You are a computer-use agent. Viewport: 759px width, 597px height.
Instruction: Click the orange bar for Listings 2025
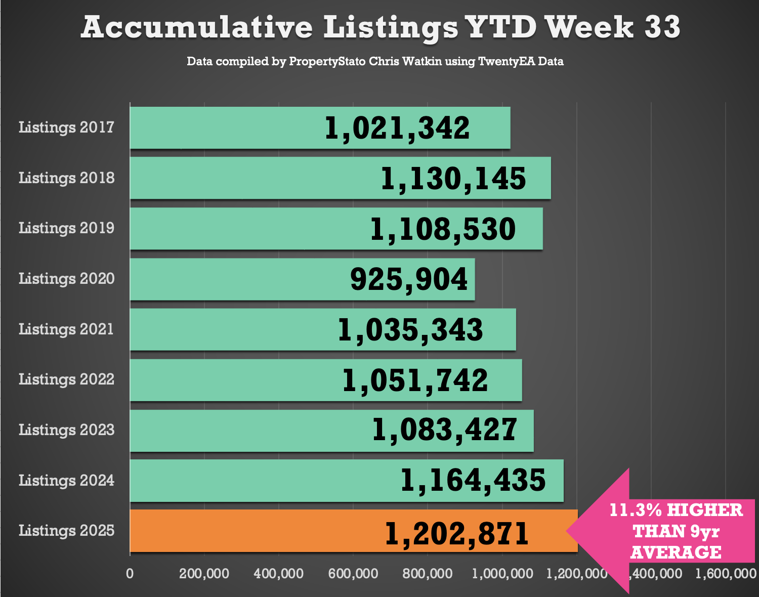click(x=253, y=531)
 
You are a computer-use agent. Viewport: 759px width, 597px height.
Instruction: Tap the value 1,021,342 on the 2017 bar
click(x=397, y=128)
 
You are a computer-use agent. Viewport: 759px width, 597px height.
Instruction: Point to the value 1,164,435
click(x=473, y=481)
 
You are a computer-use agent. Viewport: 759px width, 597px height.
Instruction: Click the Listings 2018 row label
click(x=67, y=178)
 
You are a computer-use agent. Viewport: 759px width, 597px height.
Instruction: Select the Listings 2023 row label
click(x=67, y=430)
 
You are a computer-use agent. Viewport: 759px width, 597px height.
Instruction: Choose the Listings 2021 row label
click(x=66, y=329)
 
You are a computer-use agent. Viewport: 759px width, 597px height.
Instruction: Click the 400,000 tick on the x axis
click(x=279, y=574)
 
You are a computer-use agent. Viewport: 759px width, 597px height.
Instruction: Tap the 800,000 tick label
click(x=428, y=574)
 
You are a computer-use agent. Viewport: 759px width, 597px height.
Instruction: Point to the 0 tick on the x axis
click(x=130, y=574)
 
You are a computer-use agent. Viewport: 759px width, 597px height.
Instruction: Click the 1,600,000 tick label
click(x=726, y=574)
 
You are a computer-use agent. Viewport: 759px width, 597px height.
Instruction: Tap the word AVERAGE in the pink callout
click(x=676, y=552)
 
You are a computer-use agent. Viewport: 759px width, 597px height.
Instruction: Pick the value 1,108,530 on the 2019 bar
click(x=443, y=229)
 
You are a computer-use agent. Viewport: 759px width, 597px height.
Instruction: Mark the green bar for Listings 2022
click(x=228, y=380)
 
